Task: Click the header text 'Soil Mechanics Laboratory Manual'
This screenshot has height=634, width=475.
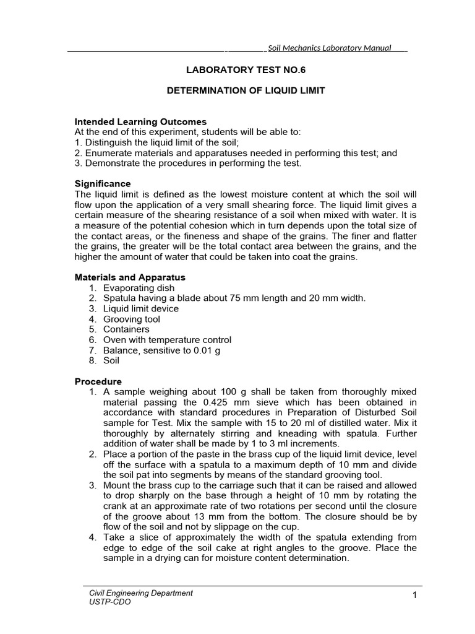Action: pos(329,48)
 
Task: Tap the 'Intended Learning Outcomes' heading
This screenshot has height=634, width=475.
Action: pos(140,122)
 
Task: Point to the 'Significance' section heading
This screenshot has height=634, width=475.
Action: pos(103,183)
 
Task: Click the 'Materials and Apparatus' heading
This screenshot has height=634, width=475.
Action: pos(130,277)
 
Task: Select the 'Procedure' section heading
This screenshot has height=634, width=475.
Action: pos(98,381)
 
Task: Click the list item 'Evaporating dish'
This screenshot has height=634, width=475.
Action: pos(139,288)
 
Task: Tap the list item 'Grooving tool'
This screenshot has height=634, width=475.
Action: pos(131,319)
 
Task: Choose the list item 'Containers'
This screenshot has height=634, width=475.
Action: pos(126,329)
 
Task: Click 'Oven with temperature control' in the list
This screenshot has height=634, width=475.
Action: pos(167,340)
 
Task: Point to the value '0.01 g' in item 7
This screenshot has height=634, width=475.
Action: pos(208,350)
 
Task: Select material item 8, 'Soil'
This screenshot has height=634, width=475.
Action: pos(111,360)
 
